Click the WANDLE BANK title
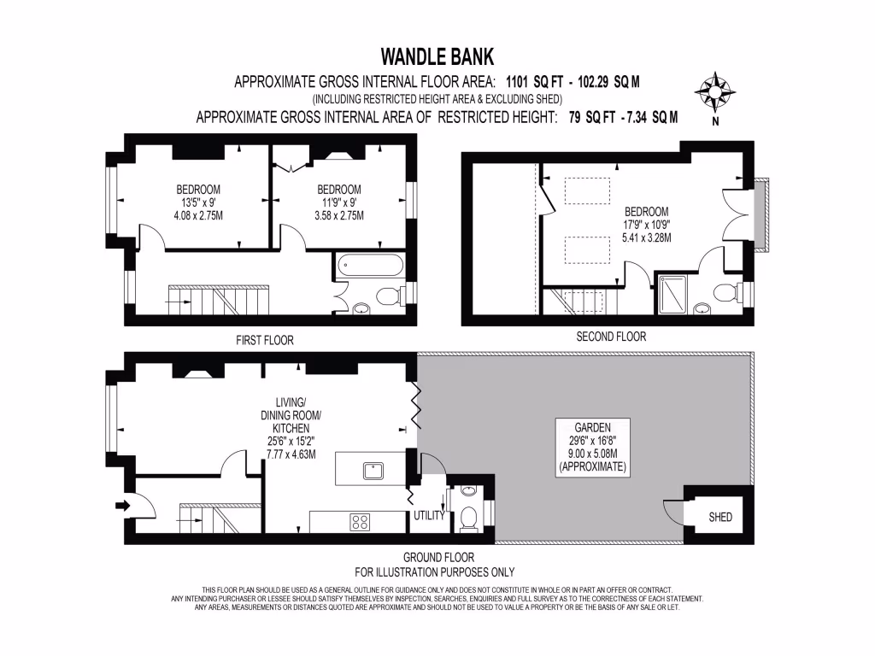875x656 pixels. [437, 56]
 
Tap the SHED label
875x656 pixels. [720, 517]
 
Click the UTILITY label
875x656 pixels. [429, 516]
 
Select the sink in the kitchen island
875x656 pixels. [373, 469]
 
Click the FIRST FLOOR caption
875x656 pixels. [265, 340]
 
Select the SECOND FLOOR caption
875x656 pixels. [610, 337]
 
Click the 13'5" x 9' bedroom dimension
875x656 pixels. [198, 202]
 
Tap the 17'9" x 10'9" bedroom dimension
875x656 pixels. [647, 225]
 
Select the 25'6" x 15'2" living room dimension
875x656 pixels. [291, 442]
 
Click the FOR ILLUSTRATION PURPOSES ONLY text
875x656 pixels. [434, 572]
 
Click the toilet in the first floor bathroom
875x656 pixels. [389, 296]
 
